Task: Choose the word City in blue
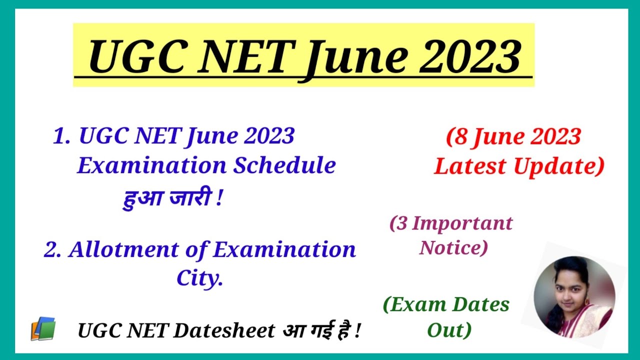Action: [x=199, y=278]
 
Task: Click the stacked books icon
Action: [x=43, y=329]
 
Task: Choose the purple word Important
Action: [x=462, y=223]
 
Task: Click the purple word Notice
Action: [x=452, y=247]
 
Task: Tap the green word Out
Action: [x=448, y=329]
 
